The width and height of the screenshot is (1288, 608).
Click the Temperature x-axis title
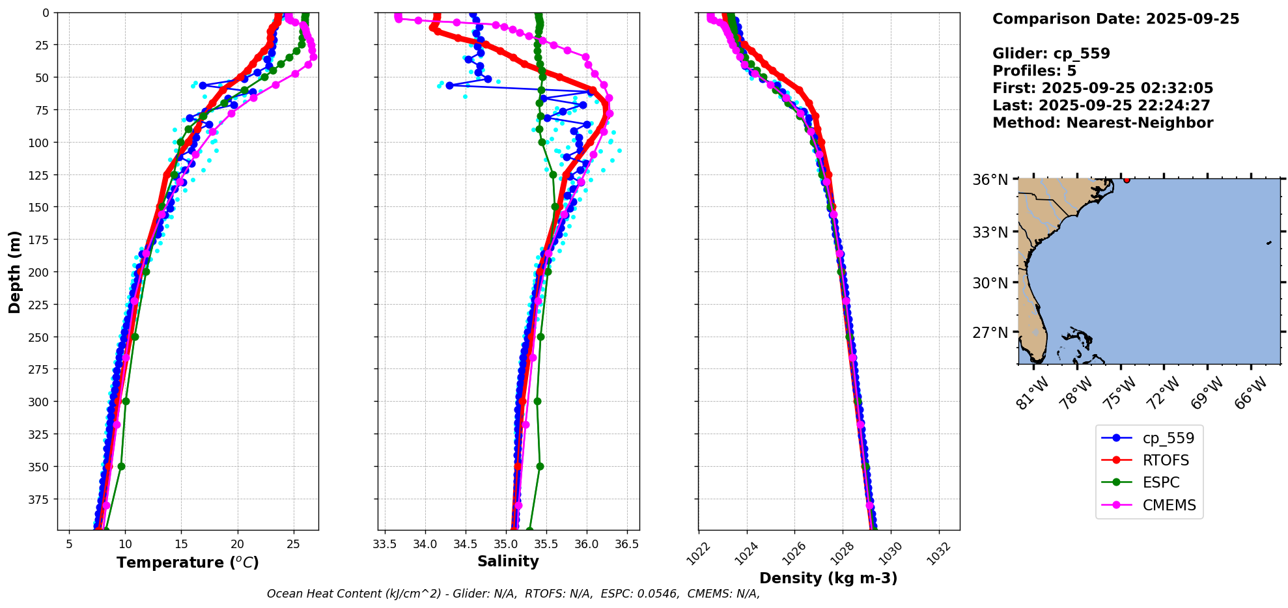[x=188, y=562]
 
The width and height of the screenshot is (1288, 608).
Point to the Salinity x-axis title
[x=508, y=561]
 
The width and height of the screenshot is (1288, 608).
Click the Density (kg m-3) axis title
[x=828, y=578]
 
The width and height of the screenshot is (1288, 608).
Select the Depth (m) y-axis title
[x=15, y=271]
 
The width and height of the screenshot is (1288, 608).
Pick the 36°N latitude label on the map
[x=990, y=180]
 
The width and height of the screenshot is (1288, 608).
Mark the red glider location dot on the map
[x=1127, y=180]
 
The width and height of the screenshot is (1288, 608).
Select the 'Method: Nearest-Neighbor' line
[x=1102, y=123]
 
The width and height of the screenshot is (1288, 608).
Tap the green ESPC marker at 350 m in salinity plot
[x=540, y=466]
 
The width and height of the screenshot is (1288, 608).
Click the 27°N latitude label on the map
[x=990, y=333]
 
